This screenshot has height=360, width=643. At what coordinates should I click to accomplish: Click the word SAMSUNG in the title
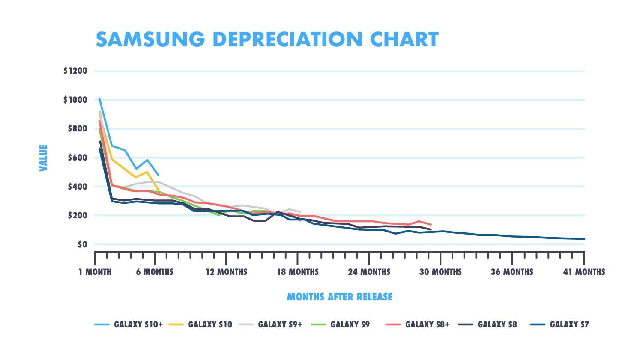tap(150, 39)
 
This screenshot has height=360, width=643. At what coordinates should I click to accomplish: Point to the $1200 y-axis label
tap(75, 71)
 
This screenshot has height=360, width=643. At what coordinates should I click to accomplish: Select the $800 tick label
tap(78, 129)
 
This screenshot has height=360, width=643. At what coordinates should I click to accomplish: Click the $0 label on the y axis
tap(82, 244)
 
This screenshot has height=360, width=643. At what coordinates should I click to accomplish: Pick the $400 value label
tap(78, 187)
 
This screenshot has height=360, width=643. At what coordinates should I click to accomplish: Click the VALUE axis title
tap(43, 158)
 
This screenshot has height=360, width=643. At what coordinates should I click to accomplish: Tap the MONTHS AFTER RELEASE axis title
tap(339, 297)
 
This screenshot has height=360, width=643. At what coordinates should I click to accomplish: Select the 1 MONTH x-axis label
tap(95, 272)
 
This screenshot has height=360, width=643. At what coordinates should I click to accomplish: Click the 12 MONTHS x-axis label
tap(226, 272)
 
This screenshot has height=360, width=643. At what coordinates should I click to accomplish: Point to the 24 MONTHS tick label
tap(369, 272)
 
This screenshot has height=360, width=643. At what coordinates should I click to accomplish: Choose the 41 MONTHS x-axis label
tap(584, 272)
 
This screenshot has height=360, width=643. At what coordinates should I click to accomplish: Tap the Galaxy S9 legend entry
tap(350, 324)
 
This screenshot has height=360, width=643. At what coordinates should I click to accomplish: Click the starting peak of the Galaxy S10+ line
tap(99, 99)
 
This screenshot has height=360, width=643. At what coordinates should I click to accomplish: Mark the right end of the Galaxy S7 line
tap(584, 239)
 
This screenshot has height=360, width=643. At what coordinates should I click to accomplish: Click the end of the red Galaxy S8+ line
tap(431, 224)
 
